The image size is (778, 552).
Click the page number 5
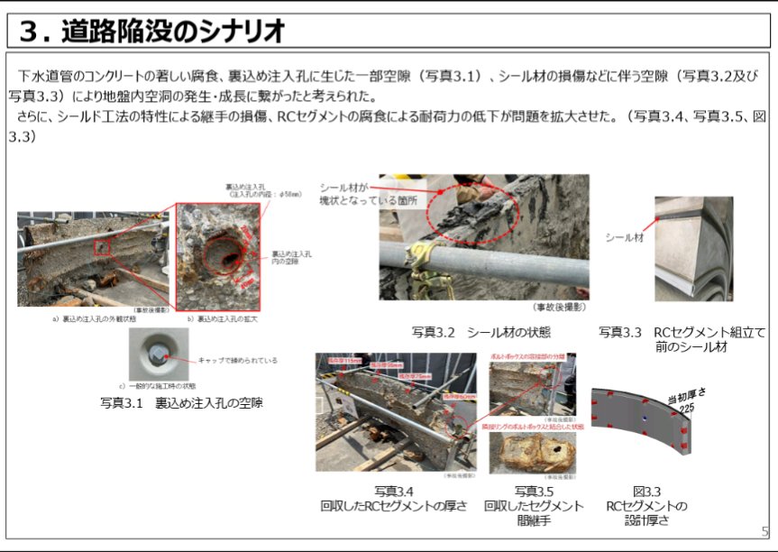pos(764,531)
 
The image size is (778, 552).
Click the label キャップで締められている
pos(237,360)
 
